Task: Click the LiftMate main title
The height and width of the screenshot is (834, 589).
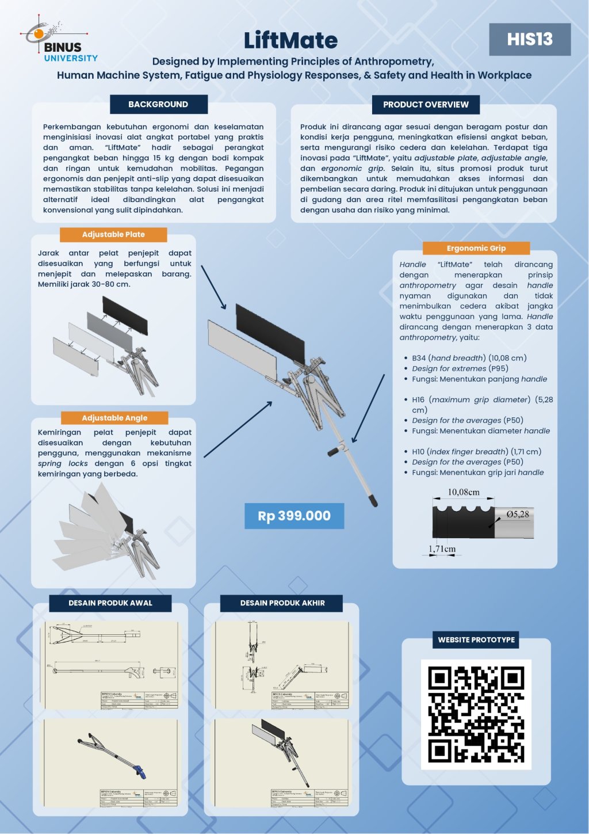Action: click(x=290, y=40)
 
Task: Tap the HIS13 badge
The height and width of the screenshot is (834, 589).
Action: click(x=530, y=39)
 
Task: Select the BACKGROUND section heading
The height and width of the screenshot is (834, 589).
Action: click(x=158, y=104)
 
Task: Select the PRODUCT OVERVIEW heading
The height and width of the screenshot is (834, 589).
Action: click(x=426, y=105)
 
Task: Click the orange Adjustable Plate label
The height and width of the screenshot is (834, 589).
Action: click(x=113, y=234)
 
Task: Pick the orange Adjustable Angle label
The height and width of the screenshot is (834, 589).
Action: click(x=114, y=418)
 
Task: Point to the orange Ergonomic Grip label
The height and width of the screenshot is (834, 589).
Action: click(x=476, y=248)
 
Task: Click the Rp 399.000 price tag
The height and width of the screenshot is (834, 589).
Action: click(x=294, y=516)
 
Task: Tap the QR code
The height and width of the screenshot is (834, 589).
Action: click(x=476, y=714)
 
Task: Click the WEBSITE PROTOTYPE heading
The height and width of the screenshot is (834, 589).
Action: click(x=476, y=639)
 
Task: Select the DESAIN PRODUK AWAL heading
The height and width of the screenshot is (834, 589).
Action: click(x=110, y=603)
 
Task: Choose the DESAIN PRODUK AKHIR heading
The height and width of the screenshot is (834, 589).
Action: click(x=282, y=603)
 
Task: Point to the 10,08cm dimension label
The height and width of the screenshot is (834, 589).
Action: click(x=464, y=492)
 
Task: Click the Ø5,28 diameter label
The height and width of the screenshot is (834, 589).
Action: click(x=517, y=514)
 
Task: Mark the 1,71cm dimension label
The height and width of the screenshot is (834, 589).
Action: click(x=442, y=549)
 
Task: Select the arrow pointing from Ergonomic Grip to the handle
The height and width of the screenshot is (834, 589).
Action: click(x=368, y=409)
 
